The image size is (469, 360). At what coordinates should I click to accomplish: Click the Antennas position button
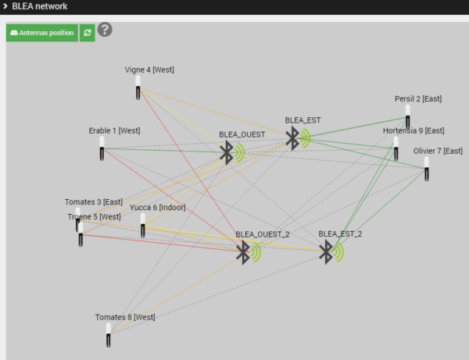coord(42,33)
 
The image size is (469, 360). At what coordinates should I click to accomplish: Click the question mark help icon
coord(105,29)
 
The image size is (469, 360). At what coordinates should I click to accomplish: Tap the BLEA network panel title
coord(40,6)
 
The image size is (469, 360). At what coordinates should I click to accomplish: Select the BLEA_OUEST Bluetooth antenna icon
coord(232,152)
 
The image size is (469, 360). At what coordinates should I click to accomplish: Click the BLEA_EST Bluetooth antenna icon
coord(298,138)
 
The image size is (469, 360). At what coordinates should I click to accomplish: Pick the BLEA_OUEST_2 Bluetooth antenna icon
coord(249,252)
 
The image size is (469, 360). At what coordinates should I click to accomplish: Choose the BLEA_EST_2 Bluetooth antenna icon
coord(331,252)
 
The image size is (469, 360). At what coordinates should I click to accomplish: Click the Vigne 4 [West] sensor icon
coord(138,87)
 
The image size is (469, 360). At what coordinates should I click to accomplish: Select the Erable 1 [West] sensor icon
coord(102,148)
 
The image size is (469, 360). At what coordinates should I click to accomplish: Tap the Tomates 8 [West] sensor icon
coord(109,335)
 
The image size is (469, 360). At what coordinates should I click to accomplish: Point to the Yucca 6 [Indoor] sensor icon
coord(143,225)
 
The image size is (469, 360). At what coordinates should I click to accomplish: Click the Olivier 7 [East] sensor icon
coord(427,169)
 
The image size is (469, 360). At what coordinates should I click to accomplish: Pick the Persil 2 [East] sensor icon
coord(408,116)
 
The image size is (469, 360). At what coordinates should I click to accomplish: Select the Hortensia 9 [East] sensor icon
coord(396,148)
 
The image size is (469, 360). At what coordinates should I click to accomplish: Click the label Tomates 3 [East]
coord(94,202)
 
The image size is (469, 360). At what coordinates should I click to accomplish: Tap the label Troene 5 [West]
coord(95,216)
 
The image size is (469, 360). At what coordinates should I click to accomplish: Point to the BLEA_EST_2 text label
coord(340,234)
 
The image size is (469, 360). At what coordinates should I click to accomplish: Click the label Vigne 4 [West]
coord(149,70)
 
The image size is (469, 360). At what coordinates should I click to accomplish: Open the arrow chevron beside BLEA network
coord(5,6)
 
